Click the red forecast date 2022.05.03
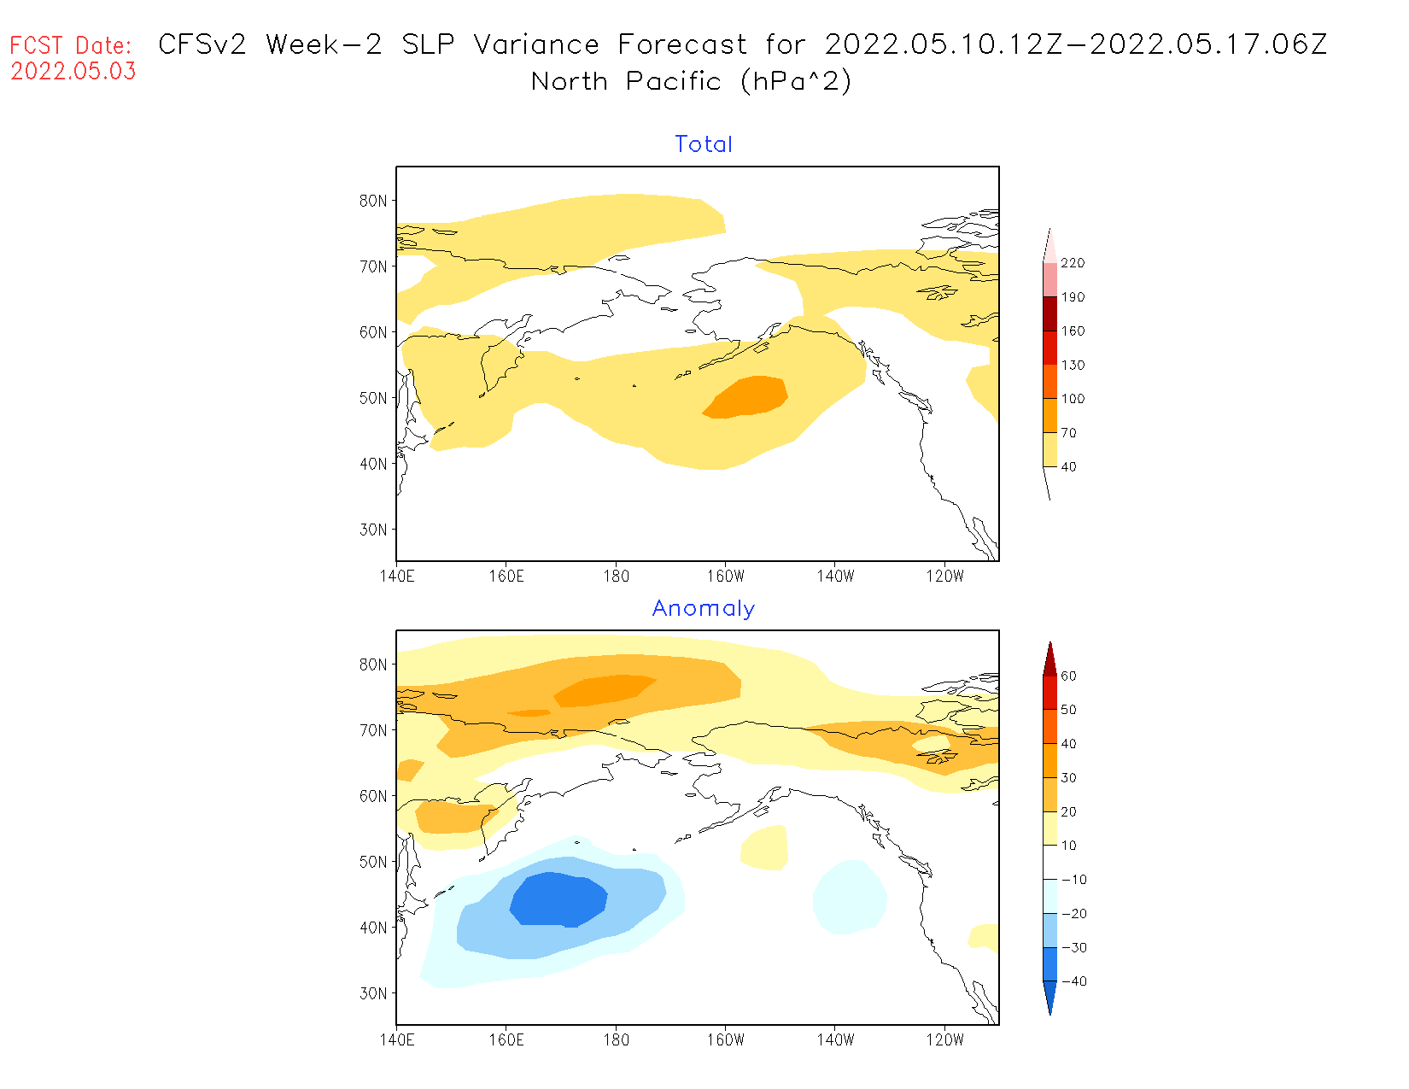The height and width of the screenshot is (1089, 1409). (x=73, y=72)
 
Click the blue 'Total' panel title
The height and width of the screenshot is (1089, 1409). (x=704, y=144)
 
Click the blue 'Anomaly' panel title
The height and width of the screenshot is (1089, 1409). (x=704, y=608)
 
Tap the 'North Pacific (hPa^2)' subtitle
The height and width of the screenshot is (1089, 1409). (x=691, y=82)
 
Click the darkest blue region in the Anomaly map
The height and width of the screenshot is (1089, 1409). (x=558, y=899)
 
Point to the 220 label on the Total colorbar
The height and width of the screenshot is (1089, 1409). (x=1073, y=263)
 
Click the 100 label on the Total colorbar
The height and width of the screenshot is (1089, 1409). (x=1073, y=399)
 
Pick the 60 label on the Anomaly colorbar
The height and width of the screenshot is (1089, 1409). (x=1068, y=676)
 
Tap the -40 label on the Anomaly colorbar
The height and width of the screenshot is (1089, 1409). (x=1073, y=981)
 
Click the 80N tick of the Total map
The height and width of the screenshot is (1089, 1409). (x=373, y=201)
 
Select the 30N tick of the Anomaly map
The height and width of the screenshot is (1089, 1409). (x=373, y=993)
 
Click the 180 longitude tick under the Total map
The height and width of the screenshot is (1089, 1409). (x=616, y=577)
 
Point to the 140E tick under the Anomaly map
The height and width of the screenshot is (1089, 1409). (x=397, y=1040)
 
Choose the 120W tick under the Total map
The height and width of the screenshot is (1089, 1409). (x=944, y=577)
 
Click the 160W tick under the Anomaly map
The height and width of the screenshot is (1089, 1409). (x=725, y=1040)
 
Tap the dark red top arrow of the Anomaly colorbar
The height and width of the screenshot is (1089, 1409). (x=1049, y=659)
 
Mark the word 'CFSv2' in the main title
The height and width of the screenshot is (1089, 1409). (x=202, y=44)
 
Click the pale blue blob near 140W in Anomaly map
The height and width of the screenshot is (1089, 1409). (x=850, y=897)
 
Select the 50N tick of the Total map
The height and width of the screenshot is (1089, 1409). (x=373, y=398)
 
